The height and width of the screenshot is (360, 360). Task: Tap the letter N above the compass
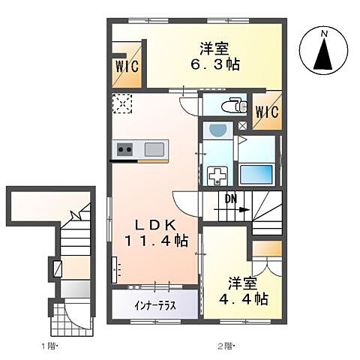tap(325, 34)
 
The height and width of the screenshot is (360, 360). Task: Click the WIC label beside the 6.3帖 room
tap(126, 65)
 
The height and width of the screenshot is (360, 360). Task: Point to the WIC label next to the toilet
tap(266, 112)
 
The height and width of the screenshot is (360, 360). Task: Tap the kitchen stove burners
tap(124, 150)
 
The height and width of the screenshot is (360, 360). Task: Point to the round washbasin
tap(218, 131)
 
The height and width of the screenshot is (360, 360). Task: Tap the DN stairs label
tap(232, 199)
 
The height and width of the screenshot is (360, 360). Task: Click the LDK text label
tap(156, 224)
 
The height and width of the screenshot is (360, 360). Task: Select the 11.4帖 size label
tap(156, 241)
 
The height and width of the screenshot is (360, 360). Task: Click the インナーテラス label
tap(156, 306)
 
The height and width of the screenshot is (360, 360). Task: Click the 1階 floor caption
tap(49, 346)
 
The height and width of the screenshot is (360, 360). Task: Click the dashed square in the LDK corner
tap(121, 103)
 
